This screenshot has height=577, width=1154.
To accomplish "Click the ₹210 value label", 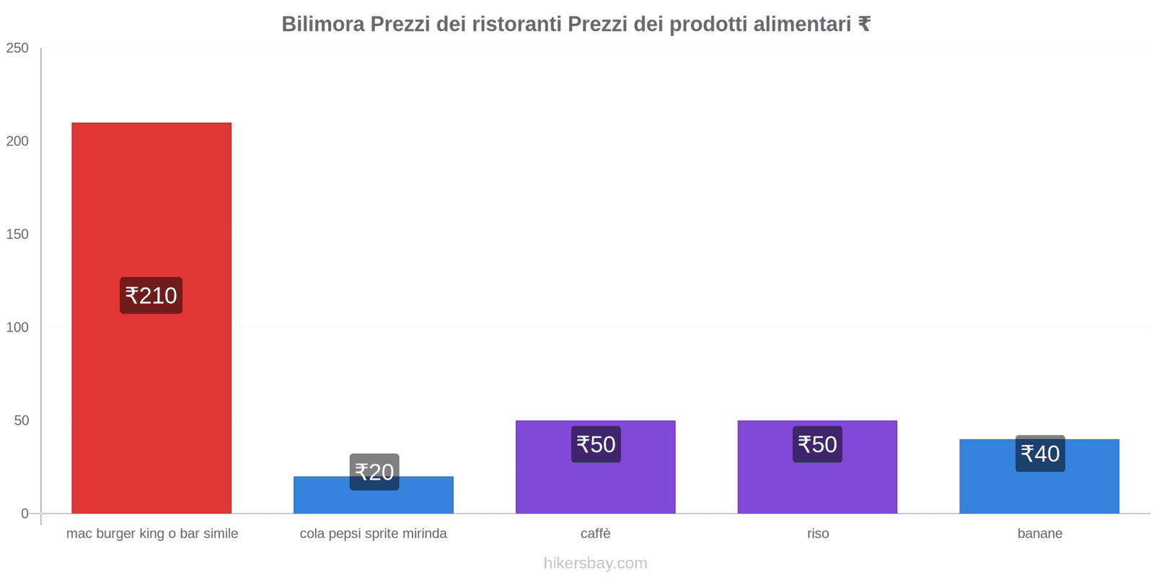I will click(x=151, y=296).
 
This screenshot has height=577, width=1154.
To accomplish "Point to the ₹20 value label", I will click(x=374, y=472).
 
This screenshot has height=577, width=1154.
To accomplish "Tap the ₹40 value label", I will click(x=1040, y=454).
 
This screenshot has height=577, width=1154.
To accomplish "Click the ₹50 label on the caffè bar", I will click(x=596, y=444).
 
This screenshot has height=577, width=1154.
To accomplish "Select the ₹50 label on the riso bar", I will click(x=817, y=444).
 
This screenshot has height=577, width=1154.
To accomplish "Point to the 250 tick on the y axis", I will click(x=17, y=48).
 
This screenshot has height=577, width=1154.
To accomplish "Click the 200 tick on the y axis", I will click(x=17, y=141).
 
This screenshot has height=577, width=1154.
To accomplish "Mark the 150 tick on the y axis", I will click(x=17, y=234).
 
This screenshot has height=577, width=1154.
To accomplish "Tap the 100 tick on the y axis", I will click(x=17, y=327).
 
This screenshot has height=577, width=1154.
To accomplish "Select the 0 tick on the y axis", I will click(x=25, y=514).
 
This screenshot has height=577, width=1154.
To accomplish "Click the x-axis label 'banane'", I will click(x=1039, y=534).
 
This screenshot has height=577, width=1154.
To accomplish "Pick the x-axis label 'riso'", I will click(x=818, y=534).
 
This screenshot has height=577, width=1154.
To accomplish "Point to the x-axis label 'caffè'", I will click(x=595, y=534).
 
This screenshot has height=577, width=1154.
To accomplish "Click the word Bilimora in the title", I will click(x=322, y=25).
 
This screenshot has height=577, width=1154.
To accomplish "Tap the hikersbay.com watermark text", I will click(x=595, y=563).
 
